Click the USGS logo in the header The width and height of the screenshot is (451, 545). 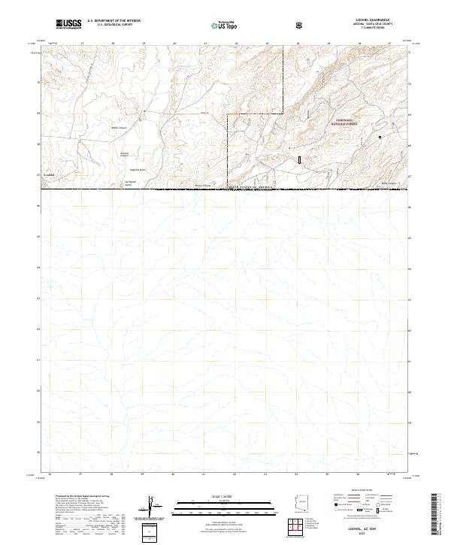[68, 24]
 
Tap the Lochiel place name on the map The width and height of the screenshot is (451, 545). [50, 174]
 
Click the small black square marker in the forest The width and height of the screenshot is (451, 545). [380, 137]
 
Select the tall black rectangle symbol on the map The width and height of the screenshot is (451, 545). [299, 159]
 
